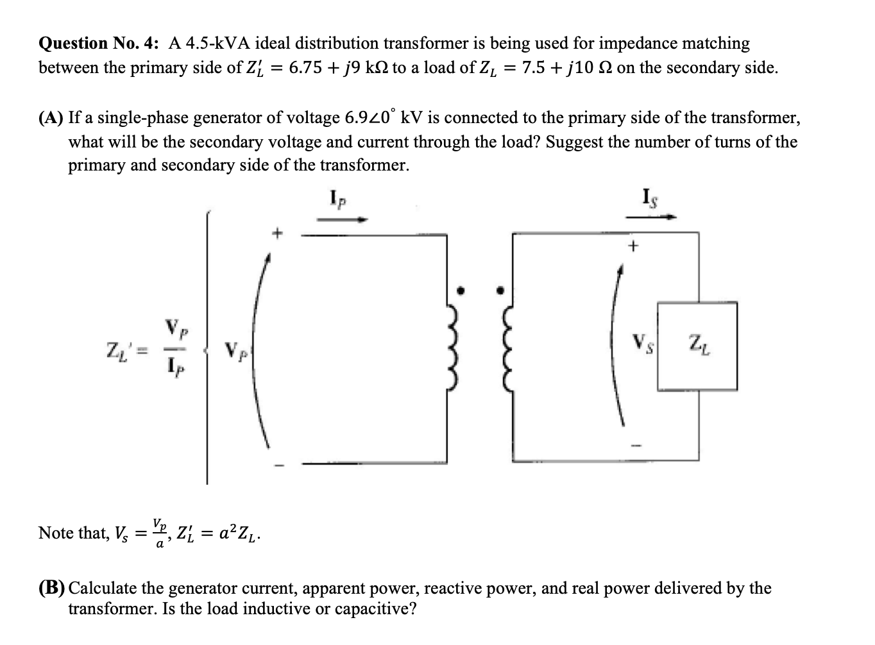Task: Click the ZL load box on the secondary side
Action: (x=697, y=346)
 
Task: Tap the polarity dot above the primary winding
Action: (x=459, y=290)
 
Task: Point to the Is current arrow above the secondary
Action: (x=650, y=217)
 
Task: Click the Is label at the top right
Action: (x=649, y=195)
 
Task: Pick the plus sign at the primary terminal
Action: (x=277, y=232)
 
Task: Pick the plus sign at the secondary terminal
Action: (x=634, y=245)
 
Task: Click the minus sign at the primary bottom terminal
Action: (x=277, y=465)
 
